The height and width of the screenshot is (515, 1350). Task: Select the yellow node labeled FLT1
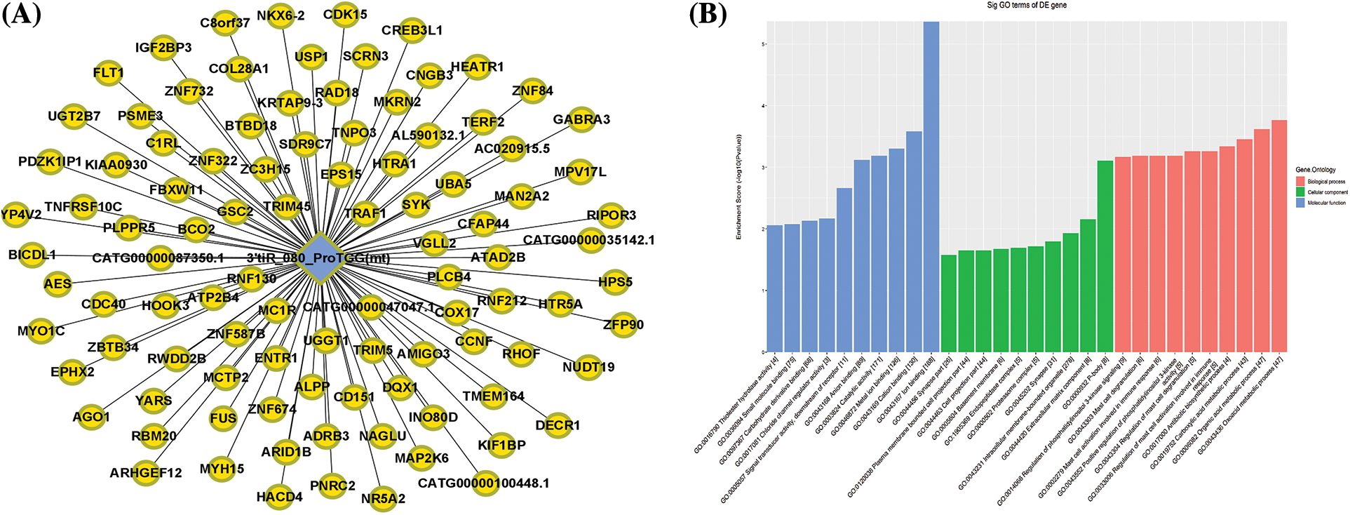pos(109,72)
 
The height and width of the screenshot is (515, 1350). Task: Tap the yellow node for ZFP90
pos(623,324)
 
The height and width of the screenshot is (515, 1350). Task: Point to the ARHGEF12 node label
pos(146,473)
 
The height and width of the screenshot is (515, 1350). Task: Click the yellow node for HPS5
pos(615,282)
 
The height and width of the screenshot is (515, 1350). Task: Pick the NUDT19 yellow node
pos(588,367)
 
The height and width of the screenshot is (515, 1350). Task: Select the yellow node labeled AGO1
pos(91,417)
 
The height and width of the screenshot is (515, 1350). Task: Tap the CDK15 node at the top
pos(345,14)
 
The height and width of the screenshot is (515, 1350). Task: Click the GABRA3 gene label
pos(581,119)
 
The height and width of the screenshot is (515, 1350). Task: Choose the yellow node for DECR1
pos(558,425)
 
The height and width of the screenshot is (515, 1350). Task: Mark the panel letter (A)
pos(21,15)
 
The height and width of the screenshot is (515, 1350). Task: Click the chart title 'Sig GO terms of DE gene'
pos(1027,6)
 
